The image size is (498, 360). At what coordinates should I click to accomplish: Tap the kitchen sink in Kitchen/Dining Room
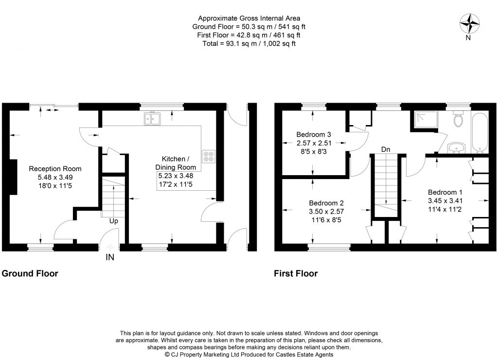153,118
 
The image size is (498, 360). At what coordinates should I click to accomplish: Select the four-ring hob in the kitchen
209,155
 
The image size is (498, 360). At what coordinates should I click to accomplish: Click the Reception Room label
55,169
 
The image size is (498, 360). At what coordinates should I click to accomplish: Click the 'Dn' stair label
385,149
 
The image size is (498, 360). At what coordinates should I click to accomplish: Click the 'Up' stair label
113,220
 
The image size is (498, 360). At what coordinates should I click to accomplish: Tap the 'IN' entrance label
110,257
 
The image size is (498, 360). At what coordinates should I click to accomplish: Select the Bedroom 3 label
314,135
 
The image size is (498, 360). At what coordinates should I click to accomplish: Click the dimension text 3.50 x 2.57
326,211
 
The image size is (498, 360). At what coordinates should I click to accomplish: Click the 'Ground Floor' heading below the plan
30,273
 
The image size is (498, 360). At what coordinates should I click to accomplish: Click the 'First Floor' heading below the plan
296,273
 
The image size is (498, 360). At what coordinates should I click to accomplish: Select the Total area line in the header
249,43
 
